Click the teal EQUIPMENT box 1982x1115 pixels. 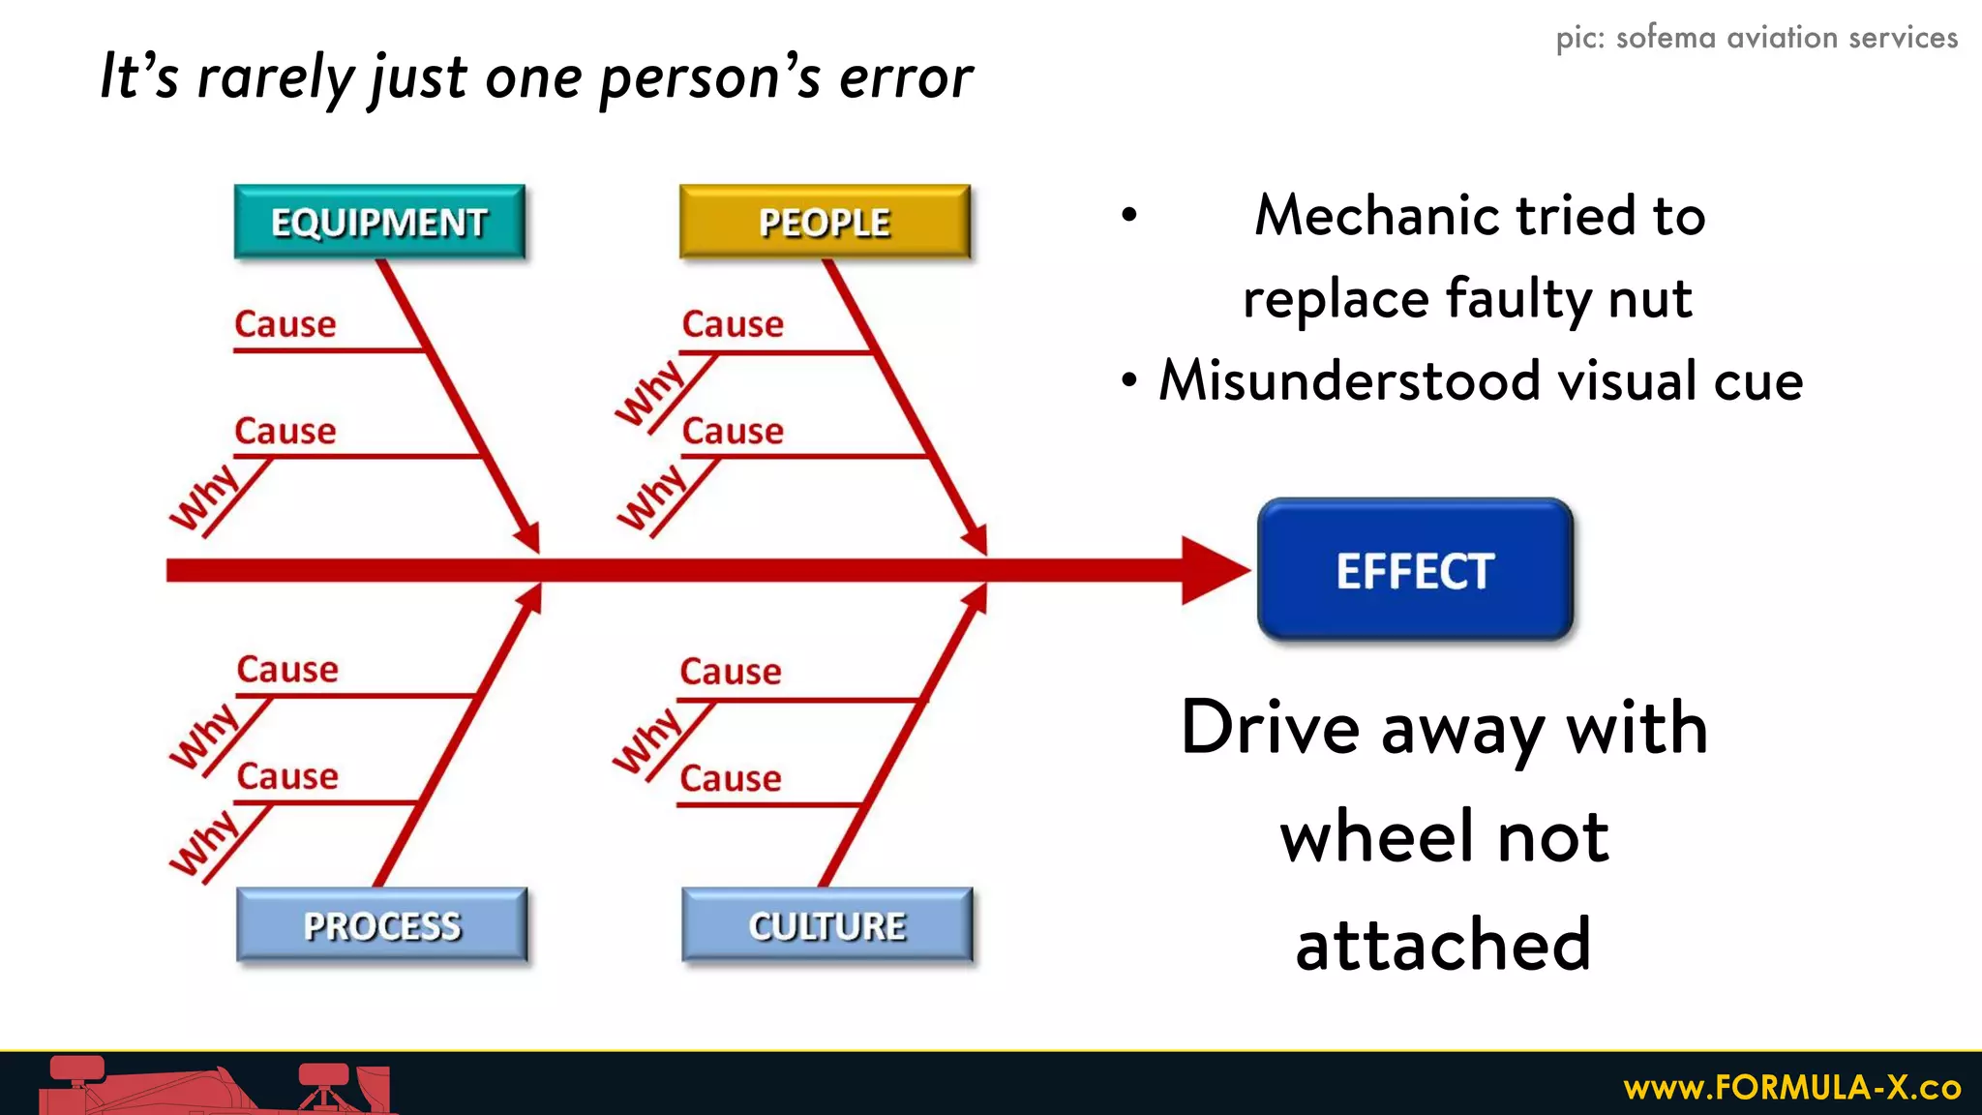point(379,222)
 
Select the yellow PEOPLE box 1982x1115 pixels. point(825,222)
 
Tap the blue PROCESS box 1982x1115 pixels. point(382,925)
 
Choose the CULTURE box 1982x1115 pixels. point(827,925)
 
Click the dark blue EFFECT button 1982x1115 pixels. point(1415,570)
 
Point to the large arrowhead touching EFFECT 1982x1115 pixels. point(1215,570)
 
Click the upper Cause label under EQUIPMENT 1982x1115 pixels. point(285,324)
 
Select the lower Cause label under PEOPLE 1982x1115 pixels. point(733,431)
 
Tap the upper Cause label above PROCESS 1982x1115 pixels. point(287,670)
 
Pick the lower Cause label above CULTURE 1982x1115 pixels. point(731,778)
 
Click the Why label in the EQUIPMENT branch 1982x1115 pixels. point(205,497)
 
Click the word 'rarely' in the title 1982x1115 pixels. point(276,77)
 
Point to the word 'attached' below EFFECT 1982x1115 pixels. point(1443,945)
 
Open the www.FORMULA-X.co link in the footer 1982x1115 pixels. point(1791,1087)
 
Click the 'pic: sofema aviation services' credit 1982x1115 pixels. point(1757,38)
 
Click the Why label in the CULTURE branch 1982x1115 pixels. point(647,740)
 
